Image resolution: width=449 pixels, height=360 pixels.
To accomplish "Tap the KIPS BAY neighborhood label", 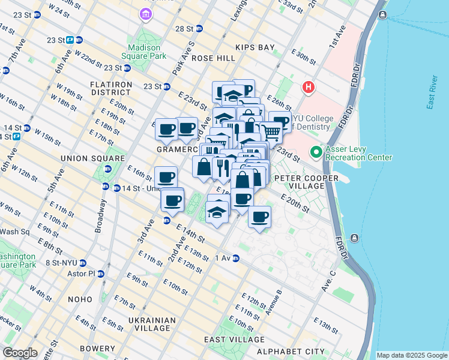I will pyautogui.click(x=254, y=47).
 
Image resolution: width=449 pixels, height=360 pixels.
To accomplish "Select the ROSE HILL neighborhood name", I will pyautogui.click(x=213, y=58).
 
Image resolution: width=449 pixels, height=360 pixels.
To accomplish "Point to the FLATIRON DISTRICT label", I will pyautogui.click(x=110, y=88).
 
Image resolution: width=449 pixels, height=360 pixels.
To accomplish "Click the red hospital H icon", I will pyautogui.click(x=309, y=88).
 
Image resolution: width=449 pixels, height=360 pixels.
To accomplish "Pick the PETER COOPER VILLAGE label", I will pyautogui.click(x=299, y=182).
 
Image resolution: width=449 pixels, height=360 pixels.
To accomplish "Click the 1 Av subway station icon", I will pyautogui.click(x=236, y=259).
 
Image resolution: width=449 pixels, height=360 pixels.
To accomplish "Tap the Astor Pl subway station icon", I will pyautogui.click(x=100, y=274).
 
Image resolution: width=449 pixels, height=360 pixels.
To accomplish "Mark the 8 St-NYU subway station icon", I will pyautogui.click(x=83, y=263).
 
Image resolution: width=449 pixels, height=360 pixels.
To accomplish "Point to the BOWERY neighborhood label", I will pyautogui.click(x=97, y=349).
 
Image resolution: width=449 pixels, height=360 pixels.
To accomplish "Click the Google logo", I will pyautogui.click(x=20, y=353).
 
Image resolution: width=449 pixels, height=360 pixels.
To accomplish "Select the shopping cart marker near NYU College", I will pyautogui.click(x=271, y=132).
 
